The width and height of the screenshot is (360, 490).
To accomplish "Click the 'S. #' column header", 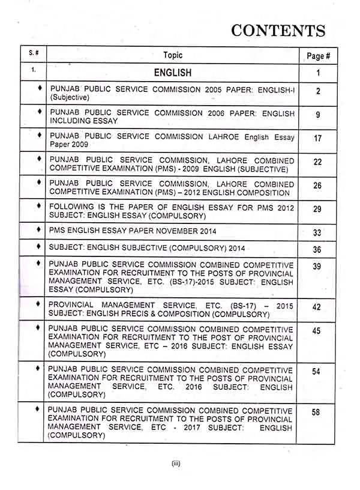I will tap(34, 55).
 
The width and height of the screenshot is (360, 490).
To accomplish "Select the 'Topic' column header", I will tap(173, 55).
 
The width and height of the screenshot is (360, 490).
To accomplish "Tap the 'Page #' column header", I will tap(318, 56).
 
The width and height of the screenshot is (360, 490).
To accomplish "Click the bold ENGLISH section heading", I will tap(173, 73).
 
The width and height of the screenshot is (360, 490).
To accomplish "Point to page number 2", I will tap(317, 91).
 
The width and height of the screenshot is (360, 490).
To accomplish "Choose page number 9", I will tap(317, 115).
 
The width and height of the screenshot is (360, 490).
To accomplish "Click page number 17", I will tap(317, 139).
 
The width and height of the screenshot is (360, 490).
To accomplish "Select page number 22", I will tap(317, 163).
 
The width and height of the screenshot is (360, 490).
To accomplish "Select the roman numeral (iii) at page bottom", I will tap(176, 463).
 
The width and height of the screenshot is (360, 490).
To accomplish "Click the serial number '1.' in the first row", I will tap(34, 70).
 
